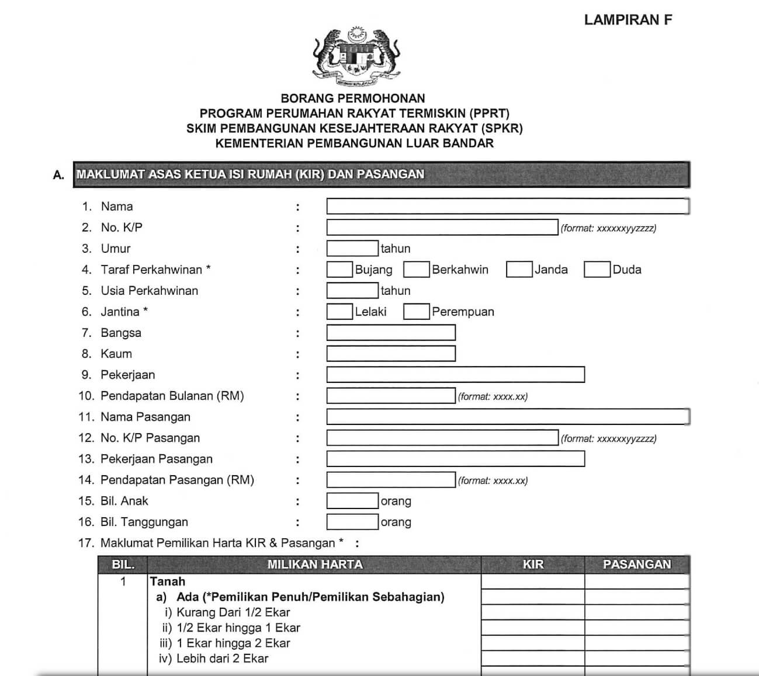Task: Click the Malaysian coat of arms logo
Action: (x=356, y=55)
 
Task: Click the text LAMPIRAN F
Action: (x=628, y=20)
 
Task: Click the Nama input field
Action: (x=507, y=206)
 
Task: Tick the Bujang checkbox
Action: (x=339, y=269)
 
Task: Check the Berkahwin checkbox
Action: (x=417, y=269)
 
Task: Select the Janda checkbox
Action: (x=519, y=269)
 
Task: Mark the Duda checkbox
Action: (x=597, y=269)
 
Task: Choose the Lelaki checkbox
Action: (x=339, y=311)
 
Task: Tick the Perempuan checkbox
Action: (x=417, y=311)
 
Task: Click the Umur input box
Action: (x=352, y=248)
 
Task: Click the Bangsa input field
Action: (x=390, y=333)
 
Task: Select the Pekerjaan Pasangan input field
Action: (x=455, y=459)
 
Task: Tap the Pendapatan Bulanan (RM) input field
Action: (x=390, y=396)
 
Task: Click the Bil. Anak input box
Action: (x=352, y=501)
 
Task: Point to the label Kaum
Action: (x=116, y=354)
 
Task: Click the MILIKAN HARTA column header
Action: (x=315, y=565)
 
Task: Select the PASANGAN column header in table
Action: (x=637, y=565)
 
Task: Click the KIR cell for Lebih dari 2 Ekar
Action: (x=533, y=658)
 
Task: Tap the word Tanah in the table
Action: (x=168, y=581)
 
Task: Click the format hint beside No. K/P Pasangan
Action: (x=608, y=438)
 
